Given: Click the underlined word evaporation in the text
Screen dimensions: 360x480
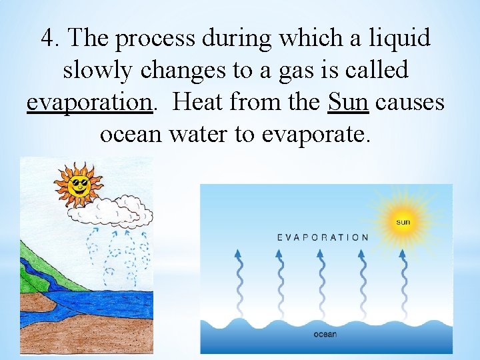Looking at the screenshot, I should point(89,103).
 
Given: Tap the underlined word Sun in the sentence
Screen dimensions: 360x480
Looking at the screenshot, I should point(349,102).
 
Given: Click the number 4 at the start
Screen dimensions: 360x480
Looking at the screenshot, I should point(47,39).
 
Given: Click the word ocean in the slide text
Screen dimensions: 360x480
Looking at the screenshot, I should point(131,135).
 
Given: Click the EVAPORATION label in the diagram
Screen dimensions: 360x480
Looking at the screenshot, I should point(322,237).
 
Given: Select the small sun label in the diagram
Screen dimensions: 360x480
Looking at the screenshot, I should point(403,221).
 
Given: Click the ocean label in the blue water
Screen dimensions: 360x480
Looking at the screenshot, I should point(325,334).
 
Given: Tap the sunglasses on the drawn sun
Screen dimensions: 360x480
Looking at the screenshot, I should point(79,181).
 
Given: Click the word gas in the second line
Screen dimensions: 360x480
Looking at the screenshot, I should point(309,71).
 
